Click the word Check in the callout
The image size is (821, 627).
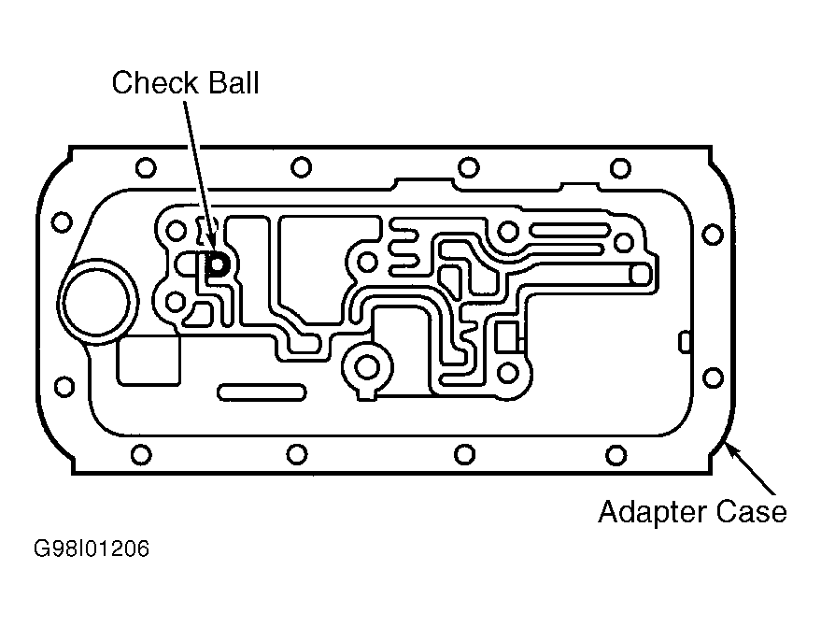click(155, 83)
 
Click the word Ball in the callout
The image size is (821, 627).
click(234, 83)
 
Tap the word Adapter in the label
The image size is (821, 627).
click(652, 512)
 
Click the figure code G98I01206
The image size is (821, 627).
click(92, 549)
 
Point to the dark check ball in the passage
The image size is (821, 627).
click(217, 264)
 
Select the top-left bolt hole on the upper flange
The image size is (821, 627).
click(146, 167)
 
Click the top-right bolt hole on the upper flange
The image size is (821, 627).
click(620, 169)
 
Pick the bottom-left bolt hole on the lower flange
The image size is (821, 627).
click(141, 455)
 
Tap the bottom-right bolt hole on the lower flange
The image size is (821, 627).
click(616, 455)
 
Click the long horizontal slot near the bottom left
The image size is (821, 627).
click(262, 392)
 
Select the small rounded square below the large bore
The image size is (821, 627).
click(149, 361)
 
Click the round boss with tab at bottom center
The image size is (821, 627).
click(367, 369)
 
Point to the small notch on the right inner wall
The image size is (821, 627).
click(685, 342)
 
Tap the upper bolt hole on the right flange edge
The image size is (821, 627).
click(712, 235)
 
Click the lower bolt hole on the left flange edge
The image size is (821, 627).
click(64, 387)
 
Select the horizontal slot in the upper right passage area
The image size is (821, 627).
click(570, 230)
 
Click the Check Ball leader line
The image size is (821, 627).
click(200, 176)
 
